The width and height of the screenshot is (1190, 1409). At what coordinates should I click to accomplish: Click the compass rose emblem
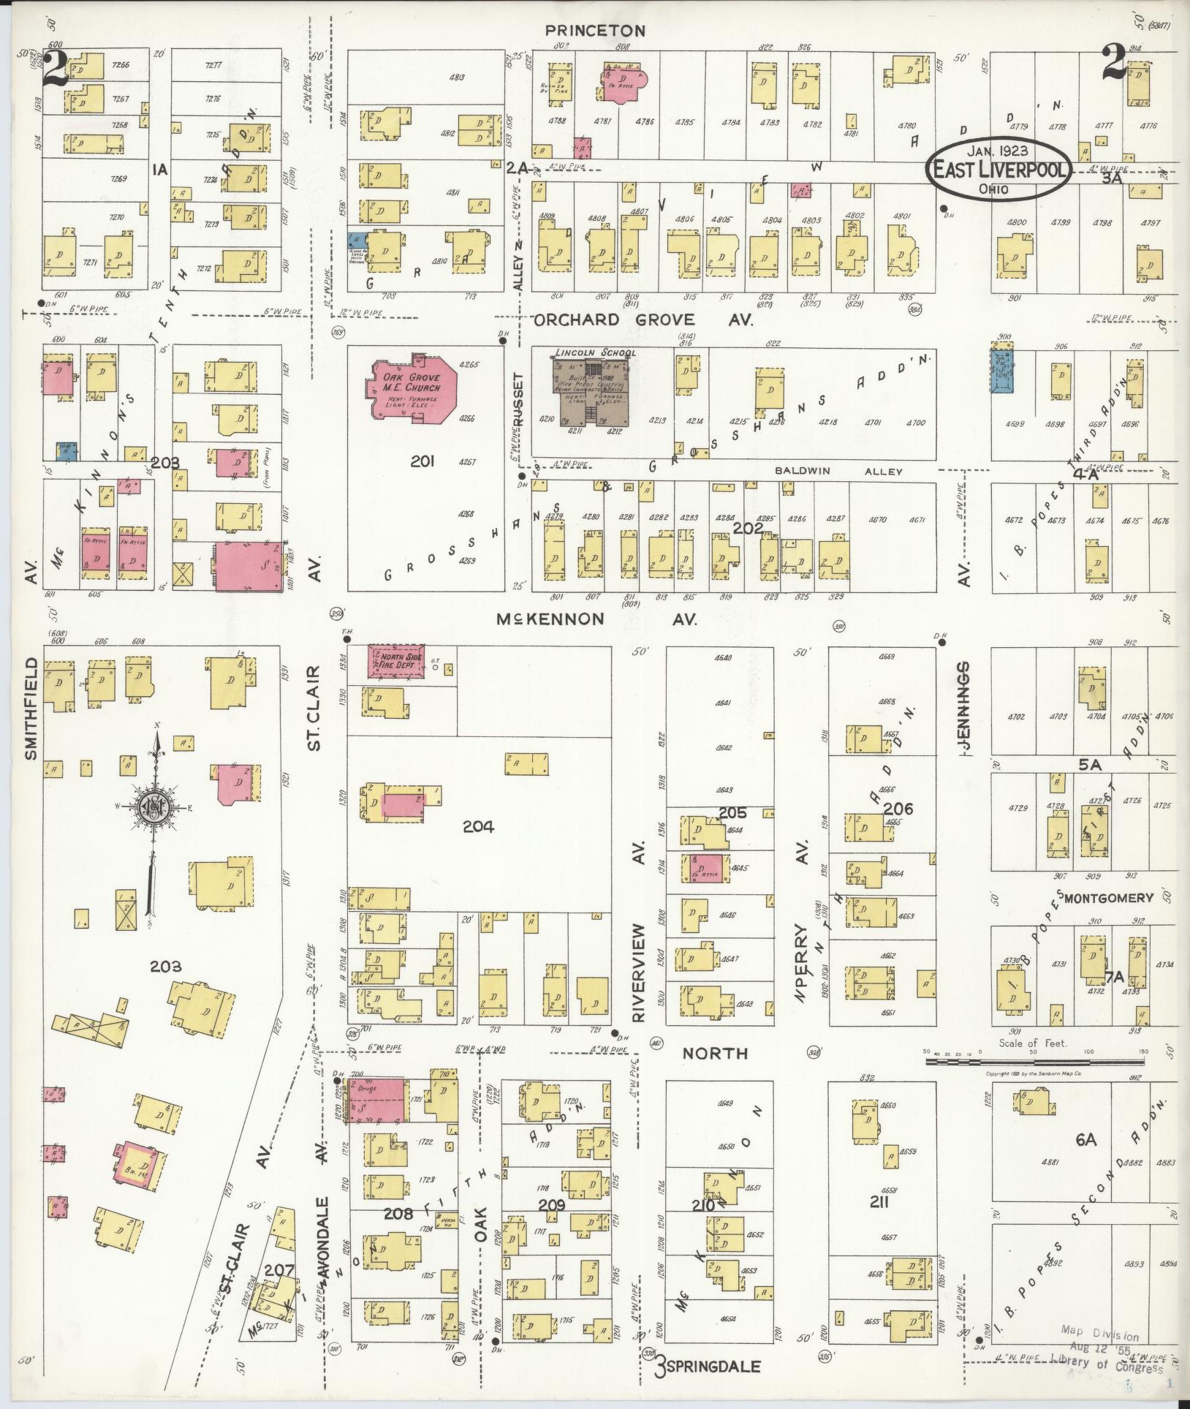155,807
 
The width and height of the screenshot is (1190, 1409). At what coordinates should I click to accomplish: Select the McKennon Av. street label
596,619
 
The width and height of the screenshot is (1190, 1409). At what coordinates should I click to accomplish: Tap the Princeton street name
596,31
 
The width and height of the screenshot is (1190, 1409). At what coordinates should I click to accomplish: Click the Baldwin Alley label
839,472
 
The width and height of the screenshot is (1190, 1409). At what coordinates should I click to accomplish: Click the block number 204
478,827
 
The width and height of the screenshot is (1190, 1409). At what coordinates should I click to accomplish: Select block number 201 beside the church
422,461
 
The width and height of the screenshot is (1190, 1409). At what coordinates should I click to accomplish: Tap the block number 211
879,1201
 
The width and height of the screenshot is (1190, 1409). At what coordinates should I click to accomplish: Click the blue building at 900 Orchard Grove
1003,369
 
